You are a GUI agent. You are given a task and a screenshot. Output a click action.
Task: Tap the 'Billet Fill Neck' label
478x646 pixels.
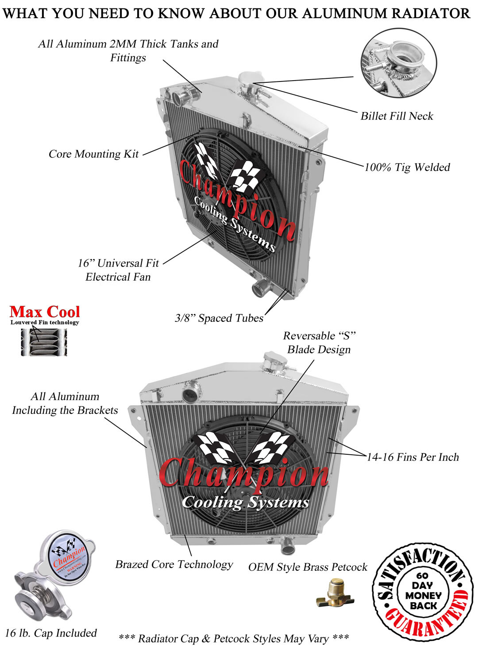(x=397, y=116)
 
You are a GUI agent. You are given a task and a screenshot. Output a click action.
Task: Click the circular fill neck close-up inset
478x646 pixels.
(x=399, y=63)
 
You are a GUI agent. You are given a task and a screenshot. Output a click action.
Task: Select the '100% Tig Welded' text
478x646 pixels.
(x=407, y=167)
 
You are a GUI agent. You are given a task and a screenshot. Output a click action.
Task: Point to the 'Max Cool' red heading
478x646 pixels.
(x=45, y=312)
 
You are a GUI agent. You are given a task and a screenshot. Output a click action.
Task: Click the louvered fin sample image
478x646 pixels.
(x=44, y=342)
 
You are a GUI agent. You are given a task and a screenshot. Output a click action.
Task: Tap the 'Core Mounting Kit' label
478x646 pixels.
(x=93, y=154)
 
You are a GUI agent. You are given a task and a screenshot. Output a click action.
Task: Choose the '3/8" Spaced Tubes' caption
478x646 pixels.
(x=219, y=318)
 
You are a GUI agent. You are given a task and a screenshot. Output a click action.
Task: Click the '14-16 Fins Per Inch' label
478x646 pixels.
(x=412, y=457)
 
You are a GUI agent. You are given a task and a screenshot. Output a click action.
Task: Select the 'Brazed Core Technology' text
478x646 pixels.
(x=174, y=565)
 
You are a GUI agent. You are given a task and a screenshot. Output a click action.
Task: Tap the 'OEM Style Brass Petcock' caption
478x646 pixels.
(x=308, y=567)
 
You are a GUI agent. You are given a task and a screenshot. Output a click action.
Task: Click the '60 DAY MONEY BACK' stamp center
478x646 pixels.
(x=422, y=591)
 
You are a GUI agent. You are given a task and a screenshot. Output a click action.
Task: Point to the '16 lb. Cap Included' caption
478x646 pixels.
(x=51, y=633)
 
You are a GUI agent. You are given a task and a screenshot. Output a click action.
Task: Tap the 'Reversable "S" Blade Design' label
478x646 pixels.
(x=319, y=343)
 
